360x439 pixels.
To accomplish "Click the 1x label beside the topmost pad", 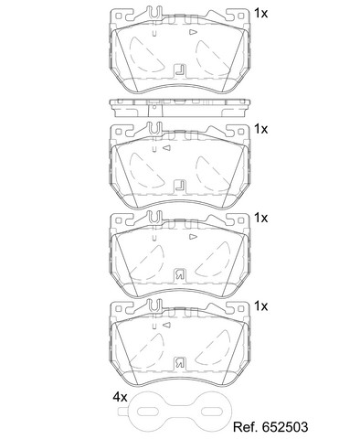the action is coord(260,13).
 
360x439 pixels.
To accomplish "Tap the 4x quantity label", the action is coord(120,397).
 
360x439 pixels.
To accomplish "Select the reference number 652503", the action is coord(283,427).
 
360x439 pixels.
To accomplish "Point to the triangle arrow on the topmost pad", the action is coord(194,32).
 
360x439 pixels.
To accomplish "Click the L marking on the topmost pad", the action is coord(180,70).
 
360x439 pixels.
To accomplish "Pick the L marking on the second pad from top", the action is coord(180,186).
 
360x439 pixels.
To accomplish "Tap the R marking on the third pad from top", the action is coord(179,274).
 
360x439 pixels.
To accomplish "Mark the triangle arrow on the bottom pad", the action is coord(166,325).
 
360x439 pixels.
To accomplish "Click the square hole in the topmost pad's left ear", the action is coord(119,16).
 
